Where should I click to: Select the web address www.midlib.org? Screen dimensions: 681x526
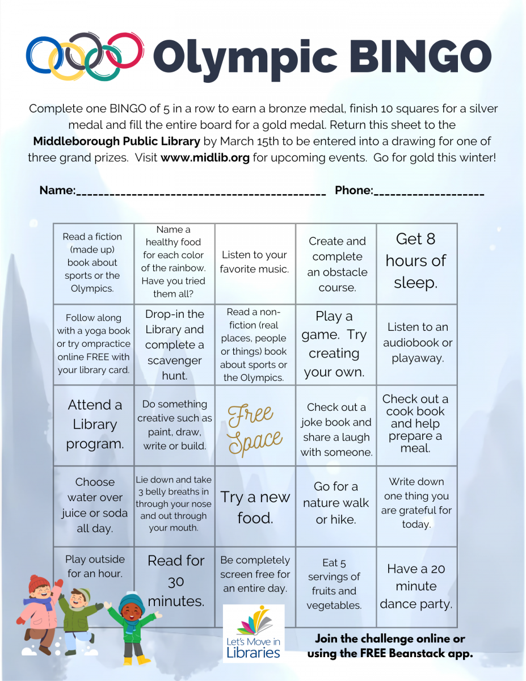(205, 158)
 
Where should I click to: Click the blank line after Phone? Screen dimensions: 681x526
(428, 192)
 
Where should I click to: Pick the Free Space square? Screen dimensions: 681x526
(255, 426)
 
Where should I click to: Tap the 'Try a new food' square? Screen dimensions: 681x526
(255, 507)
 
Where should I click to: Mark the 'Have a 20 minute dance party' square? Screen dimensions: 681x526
(416, 586)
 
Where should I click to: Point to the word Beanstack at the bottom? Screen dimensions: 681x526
(418, 653)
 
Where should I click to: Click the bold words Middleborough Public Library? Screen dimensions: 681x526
(116, 141)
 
